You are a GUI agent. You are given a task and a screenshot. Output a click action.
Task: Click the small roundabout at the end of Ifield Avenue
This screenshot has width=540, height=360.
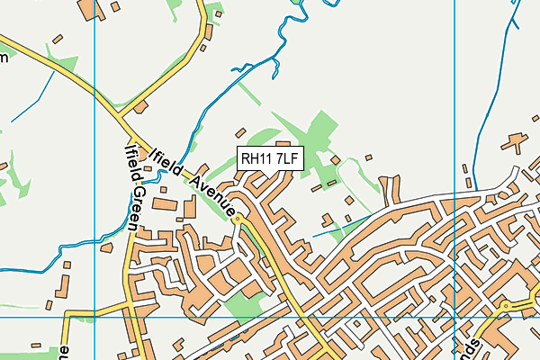pyautogui.click(x=238, y=219)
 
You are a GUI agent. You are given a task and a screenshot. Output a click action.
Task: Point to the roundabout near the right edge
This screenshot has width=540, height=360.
pyautogui.click(x=506, y=306)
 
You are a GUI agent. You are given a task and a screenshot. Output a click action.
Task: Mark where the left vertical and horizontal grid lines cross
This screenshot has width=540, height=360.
pyautogui.click(x=94, y=317)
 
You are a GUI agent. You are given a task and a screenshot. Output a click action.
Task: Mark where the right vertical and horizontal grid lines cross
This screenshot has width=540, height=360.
pyautogui.click(x=455, y=317)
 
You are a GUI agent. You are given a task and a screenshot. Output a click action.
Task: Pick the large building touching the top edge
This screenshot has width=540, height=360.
pyautogui.click(x=92, y=9)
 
